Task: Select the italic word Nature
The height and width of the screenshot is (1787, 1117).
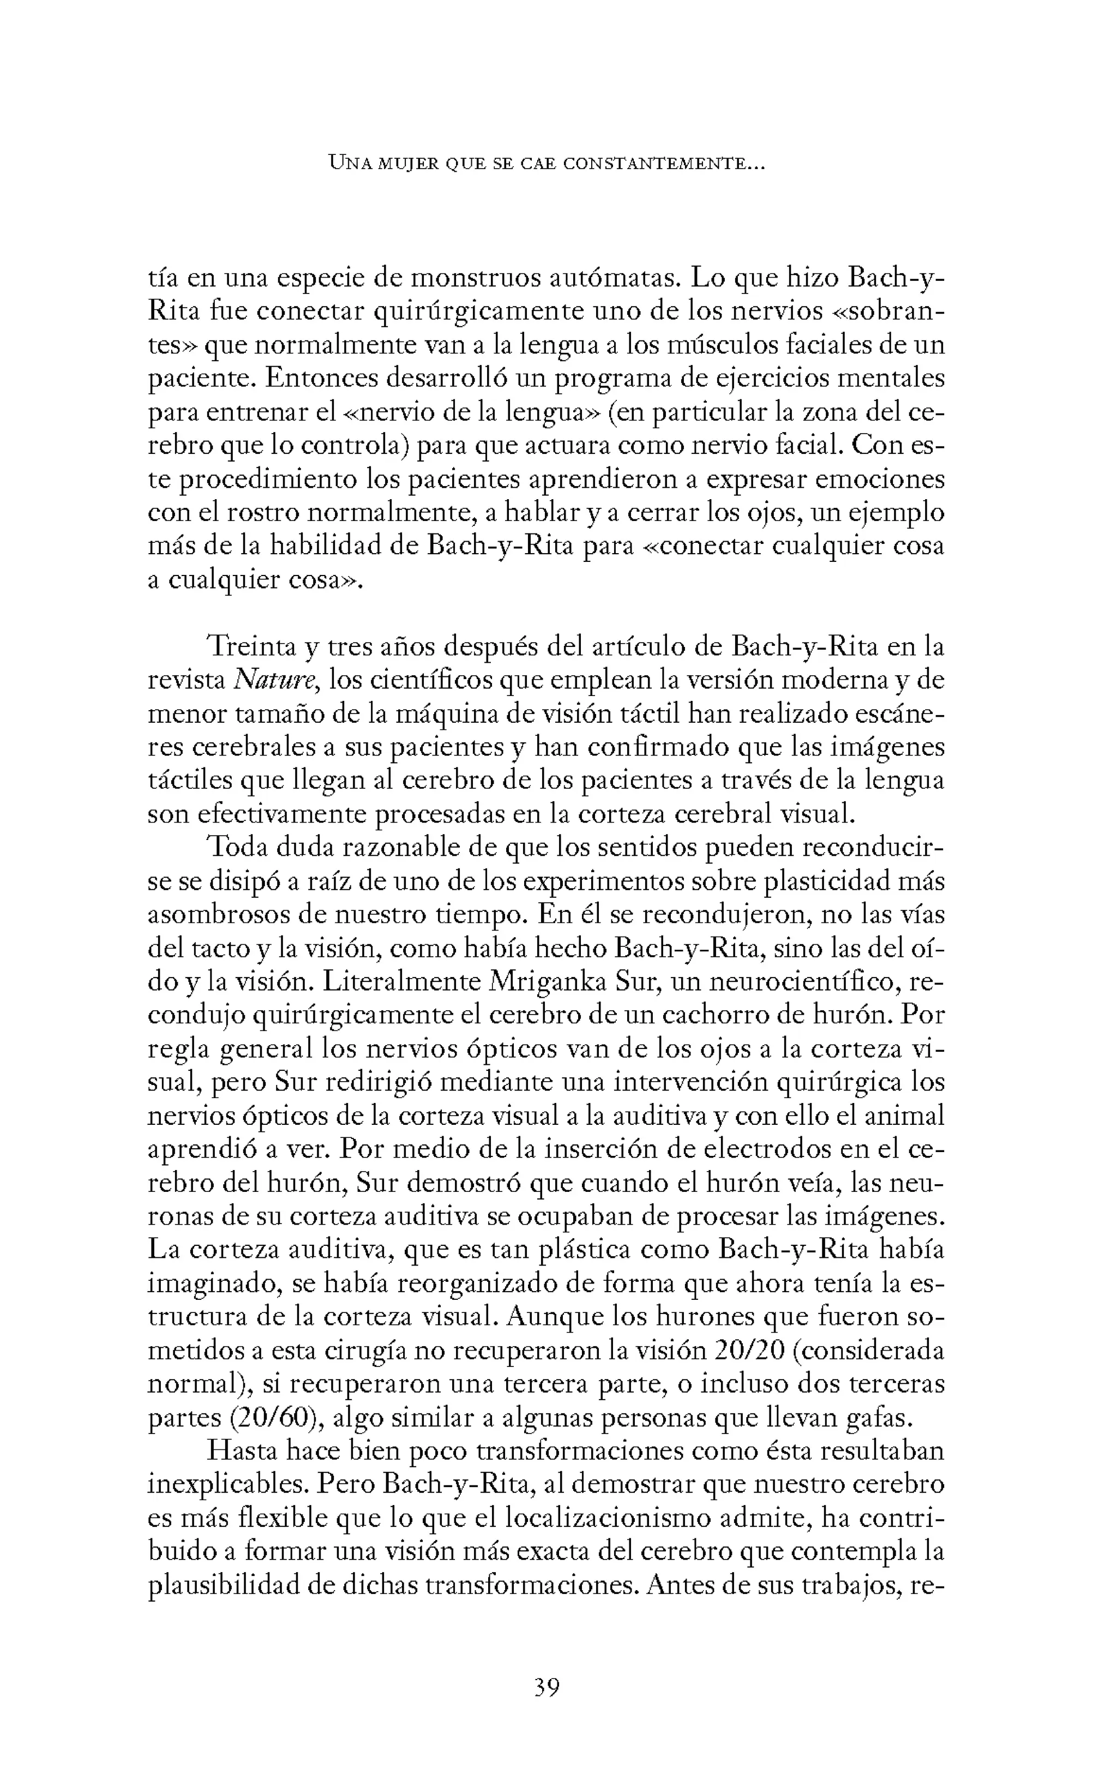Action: (275, 680)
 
